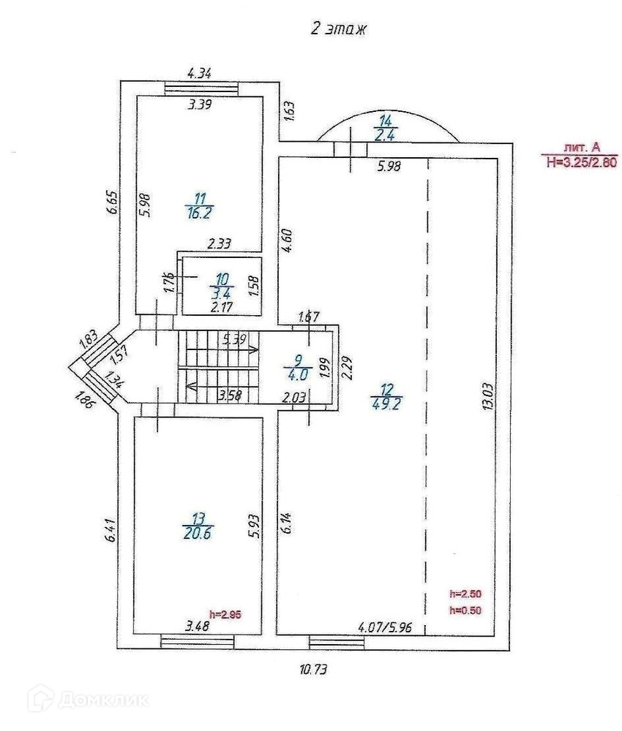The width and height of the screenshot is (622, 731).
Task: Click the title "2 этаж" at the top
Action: click(338, 29)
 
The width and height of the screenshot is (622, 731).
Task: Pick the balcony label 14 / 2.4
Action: click(386, 127)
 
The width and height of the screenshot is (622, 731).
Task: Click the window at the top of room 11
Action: click(201, 88)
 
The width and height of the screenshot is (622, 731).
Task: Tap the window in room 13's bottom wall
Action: click(198, 642)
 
